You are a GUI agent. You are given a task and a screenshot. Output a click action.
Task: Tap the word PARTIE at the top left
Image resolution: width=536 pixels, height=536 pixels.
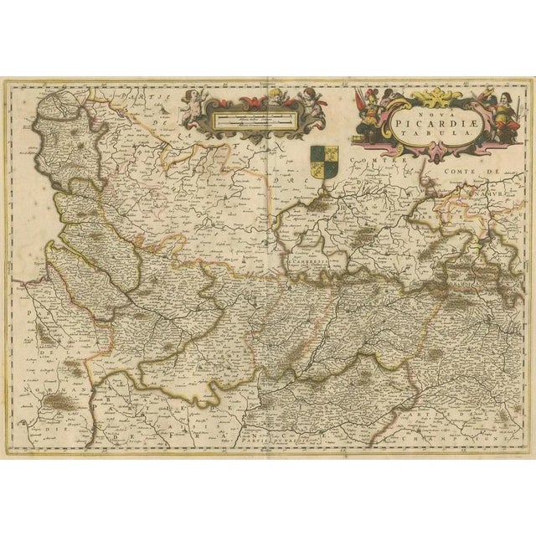coord(135,98)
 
